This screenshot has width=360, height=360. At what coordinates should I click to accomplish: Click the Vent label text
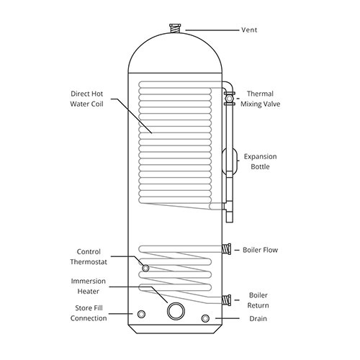pos(249,30)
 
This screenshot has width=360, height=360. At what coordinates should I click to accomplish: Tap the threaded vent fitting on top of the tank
pos(175,29)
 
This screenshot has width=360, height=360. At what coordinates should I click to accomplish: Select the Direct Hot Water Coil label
pos(86,99)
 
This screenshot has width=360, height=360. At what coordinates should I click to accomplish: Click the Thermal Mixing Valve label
pos(261,99)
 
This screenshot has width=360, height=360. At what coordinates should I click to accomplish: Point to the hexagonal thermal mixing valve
pos(230,99)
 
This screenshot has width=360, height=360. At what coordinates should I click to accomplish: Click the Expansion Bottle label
pos(260,161)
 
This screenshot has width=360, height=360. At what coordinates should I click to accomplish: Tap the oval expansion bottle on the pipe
pos(230,161)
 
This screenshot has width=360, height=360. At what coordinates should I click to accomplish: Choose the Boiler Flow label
pos(260,250)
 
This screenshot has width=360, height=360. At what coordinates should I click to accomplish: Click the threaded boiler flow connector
pos(227,249)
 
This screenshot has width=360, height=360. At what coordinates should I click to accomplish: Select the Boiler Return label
pos(258,300)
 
